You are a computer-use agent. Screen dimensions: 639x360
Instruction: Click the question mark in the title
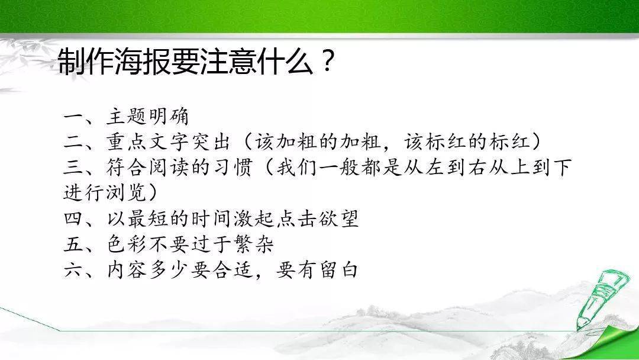click(327, 62)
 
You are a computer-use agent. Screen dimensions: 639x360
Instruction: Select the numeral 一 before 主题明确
click(74, 117)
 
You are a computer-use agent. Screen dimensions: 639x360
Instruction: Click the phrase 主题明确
click(148, 117)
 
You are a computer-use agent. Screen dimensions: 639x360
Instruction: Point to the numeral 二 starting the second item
click(74, 143)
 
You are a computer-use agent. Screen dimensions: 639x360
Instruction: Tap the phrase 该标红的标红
click(467, 142)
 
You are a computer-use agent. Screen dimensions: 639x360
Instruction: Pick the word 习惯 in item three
click(232, 168)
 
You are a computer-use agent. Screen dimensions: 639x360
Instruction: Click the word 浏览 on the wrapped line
click(127, 193)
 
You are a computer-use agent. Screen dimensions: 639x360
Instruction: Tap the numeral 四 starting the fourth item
click(74, 219)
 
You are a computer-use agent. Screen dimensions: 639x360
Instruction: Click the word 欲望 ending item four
click(338, 218)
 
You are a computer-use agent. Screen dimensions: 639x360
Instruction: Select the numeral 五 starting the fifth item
click(74, 244)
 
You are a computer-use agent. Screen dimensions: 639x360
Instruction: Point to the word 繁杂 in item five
click(253, 244)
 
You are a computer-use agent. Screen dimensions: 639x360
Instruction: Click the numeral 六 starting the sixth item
click(74, 270)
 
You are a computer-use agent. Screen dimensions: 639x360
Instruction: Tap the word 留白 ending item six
click(338, 269)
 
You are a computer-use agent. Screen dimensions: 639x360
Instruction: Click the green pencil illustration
click(599, 299)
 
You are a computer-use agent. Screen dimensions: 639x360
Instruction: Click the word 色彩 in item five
click(127, 244)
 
